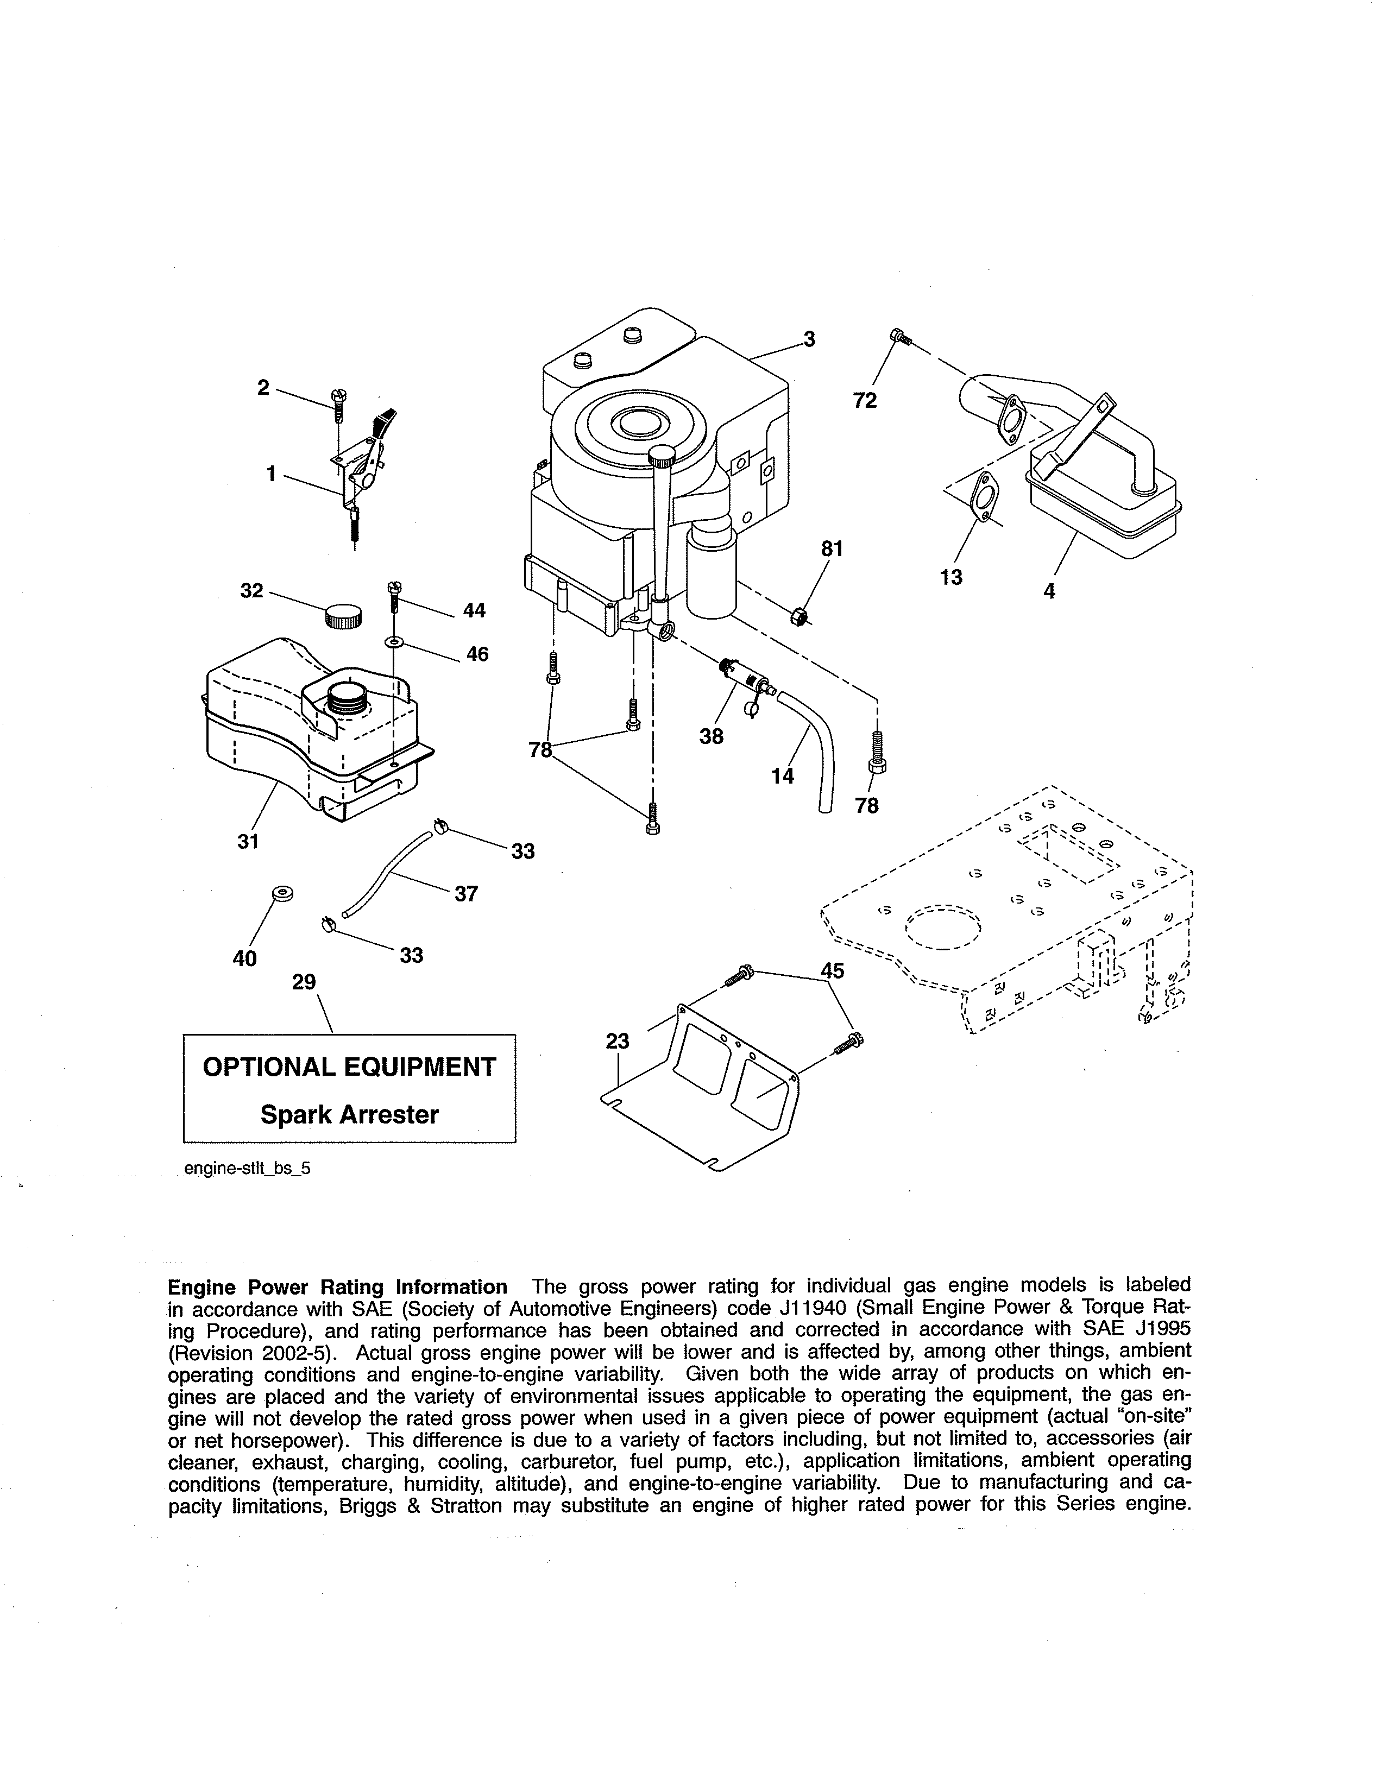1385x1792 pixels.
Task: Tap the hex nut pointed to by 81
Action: tap(798, 617)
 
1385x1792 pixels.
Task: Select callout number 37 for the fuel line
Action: tap(466, 893)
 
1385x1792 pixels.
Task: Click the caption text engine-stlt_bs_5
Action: tap(247, 1169)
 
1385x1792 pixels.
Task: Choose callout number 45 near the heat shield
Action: tap(833, 971)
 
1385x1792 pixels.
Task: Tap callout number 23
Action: tap(617, 1040)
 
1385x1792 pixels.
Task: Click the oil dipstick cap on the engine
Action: tap(662, 456)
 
